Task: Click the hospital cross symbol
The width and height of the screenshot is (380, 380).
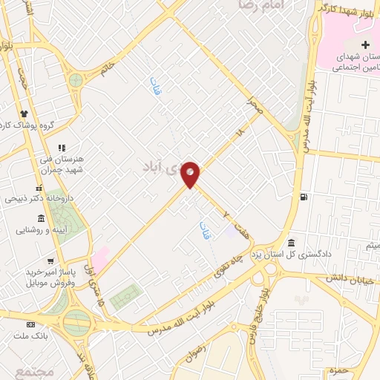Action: [365, 45]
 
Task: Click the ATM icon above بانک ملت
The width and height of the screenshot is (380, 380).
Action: [30, 324]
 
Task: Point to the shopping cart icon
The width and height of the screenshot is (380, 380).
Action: [50, 261]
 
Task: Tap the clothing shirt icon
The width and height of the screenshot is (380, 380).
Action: [24, 114]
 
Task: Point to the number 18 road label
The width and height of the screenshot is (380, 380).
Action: [239, 132]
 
